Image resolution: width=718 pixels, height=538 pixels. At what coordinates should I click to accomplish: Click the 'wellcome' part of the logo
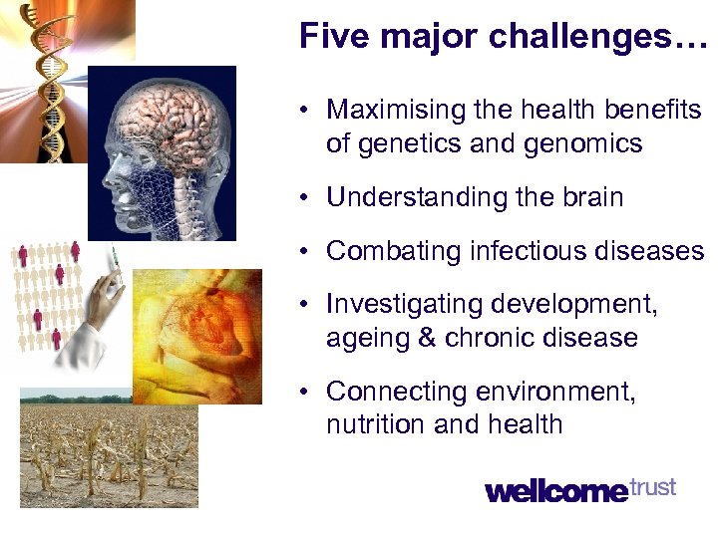click(x=556, y=490)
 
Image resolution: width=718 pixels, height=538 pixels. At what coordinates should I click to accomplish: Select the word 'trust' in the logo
click(x=653, y=487)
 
